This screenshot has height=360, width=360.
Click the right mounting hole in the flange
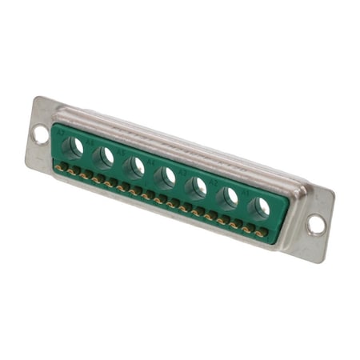[x=316, y=225]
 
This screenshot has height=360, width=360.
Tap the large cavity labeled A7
[x=74, y=147]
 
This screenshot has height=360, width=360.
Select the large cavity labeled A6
[x=104, y=158]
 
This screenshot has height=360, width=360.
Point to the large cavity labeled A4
[x=166, y=178]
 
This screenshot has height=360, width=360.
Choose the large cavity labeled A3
[x=197, y=188]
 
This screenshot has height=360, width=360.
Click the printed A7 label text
[x=60, y=134]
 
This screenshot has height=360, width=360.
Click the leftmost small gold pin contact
[x=58, y=166]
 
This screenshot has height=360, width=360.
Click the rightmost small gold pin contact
[x=262, y=233]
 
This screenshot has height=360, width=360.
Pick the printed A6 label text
[x=90, y=144]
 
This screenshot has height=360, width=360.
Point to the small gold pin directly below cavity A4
[x=160, y=199]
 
